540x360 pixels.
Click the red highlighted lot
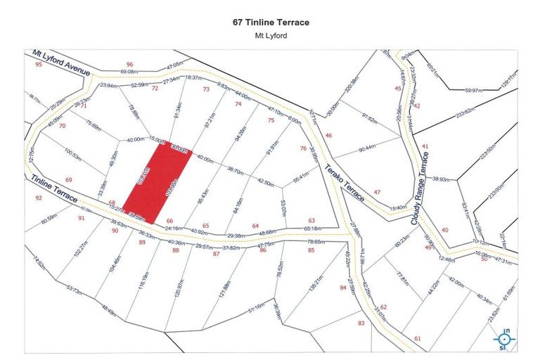point(162,179)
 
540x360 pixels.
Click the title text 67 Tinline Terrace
point(271,22)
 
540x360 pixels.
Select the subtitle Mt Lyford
point(271,35)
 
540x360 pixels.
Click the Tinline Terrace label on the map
point(56,188)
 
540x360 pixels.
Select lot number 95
point(39,65)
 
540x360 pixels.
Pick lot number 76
point(303,148)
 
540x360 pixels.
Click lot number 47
point(377,192)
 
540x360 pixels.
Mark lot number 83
point(361,323)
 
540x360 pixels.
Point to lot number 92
point(38,198)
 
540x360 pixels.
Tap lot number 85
point(311,250)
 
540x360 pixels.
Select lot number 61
point(418,339)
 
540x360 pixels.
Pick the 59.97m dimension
point(475,90)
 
